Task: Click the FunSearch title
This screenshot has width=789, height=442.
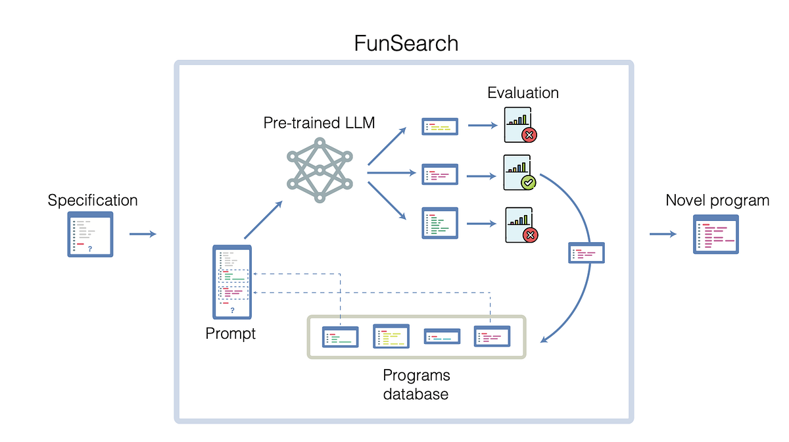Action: [x=406, y=43]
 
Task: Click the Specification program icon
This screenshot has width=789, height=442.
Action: [x=91, y=234]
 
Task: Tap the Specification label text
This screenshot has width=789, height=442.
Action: [x=93, y=200]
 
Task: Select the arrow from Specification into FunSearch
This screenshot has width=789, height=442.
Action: [x=143, y=234]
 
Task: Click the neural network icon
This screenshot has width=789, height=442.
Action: [x=320, y=170]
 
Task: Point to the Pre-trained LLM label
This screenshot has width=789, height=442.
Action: [x=319, y=122]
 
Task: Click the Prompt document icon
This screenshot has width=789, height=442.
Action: [x=232, y=282]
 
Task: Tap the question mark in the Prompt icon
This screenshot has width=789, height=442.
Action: [x=232, y=310]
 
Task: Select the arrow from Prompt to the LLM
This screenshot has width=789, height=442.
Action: [x=264, y=220]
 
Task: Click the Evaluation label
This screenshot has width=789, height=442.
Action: [x=523, y=93]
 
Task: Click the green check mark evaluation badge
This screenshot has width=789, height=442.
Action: [x=528, y=182]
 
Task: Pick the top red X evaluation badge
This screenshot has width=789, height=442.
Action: [x=529, y=135]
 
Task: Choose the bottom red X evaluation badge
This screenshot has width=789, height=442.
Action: [x=529, y=235]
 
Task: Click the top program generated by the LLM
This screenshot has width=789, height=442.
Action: [x=440, y=126]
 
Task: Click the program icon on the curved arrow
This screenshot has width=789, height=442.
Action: [x=586, y=253]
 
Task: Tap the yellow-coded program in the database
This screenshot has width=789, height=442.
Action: [x=391, y=336]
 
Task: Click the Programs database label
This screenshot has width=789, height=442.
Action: [x=416, y=385]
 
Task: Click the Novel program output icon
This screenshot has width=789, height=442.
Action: [x=716, y=234]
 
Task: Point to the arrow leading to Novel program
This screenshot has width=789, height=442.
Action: [x=663, y=234]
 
